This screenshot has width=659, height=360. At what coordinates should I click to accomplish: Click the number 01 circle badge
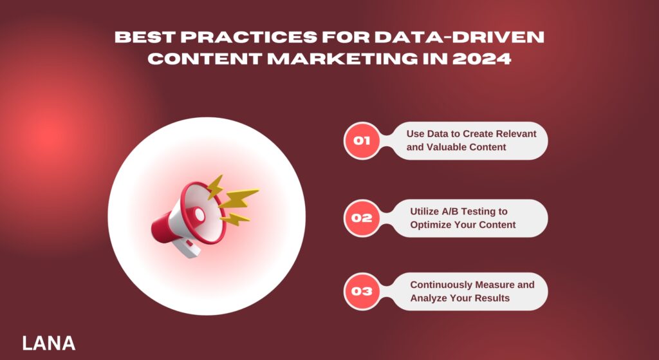pyautogui.click(x=362, y=140)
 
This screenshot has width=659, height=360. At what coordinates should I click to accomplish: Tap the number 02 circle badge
pyautogui.click(x=362, y=218)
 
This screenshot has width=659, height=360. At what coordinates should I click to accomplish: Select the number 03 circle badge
pyautogui.click(x=362, y=291)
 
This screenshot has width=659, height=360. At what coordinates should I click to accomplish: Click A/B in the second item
pyautogui.click(x=446, y=211)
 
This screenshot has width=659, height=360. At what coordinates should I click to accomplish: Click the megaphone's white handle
pyautogui.click(x=181, y=244)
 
